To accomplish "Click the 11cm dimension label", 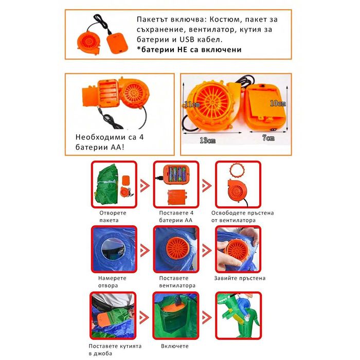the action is click(x=192, y=104).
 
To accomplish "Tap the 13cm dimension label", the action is click(x=208, y=140).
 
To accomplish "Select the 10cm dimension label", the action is click(x=278, y=103).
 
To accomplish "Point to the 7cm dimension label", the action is click(x=268, y=138).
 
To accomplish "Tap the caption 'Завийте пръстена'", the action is click(x=240, y=278).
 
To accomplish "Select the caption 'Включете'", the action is click(x=175, y=346).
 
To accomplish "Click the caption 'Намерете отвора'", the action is click(x=112, y=282).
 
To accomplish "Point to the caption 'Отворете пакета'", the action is click(x=113, y=217).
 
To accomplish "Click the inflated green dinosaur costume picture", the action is click(x=238, y=315).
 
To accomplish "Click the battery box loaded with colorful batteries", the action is click(x=176, y=174).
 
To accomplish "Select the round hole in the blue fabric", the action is click(x=113, y=249).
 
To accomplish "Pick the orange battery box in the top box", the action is click(x=117, y=43).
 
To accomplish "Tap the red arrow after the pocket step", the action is click(x=144, y=317).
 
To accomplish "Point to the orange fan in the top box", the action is click(x=88, y=43).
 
